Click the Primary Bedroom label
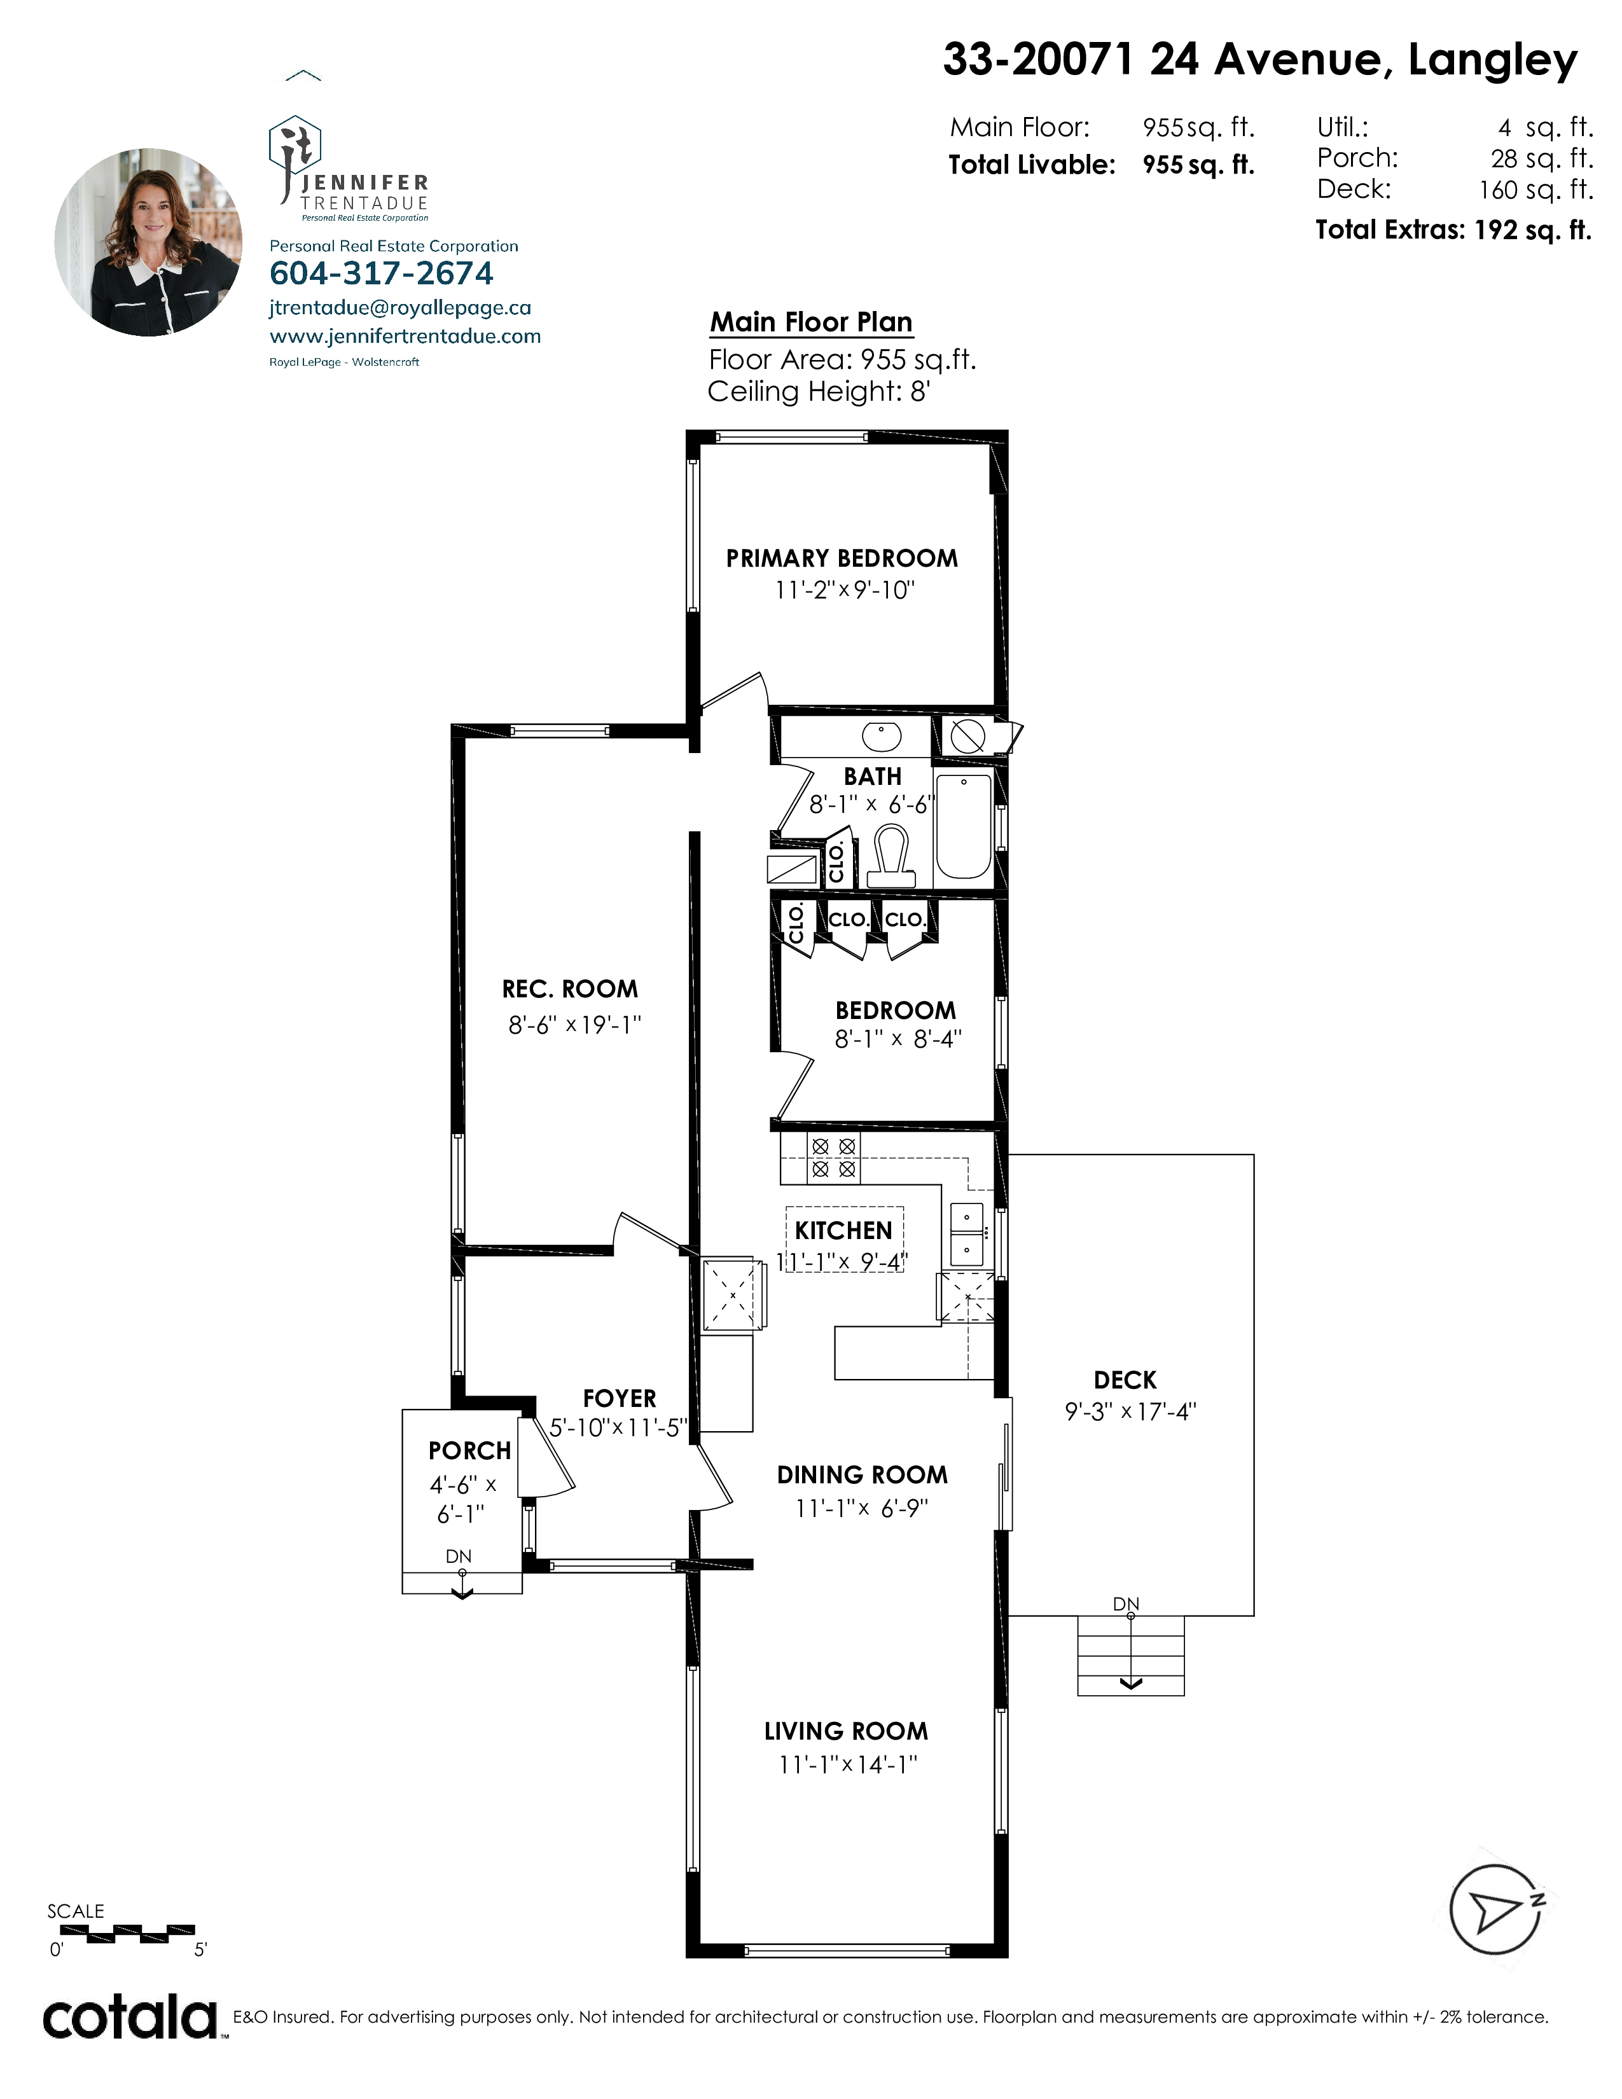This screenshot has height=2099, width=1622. point(842,558)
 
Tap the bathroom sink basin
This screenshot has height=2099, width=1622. point(880,737)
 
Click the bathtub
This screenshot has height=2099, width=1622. point(963,826)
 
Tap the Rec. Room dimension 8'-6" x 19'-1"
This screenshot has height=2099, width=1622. point(574,1025)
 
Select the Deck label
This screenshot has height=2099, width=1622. point(1125,1380)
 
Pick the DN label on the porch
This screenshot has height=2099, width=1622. point(459,1556)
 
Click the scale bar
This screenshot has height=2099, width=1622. point(121,1931)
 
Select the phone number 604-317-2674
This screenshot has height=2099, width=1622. point(382,274)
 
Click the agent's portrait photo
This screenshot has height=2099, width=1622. point(148,242)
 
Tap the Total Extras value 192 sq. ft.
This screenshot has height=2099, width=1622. point(1533,231)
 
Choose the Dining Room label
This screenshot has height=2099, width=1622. point(862,1475)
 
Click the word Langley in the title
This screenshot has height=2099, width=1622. point(1492,62)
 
